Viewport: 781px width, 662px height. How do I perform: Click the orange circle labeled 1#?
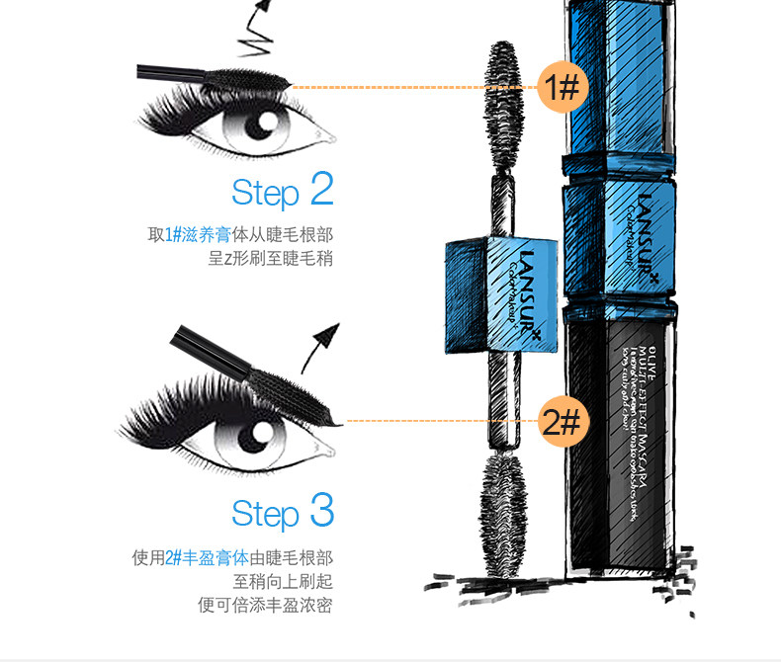562,87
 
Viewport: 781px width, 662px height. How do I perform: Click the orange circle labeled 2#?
562,423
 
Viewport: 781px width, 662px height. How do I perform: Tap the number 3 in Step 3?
321,511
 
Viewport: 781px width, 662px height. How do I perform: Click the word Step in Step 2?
265,193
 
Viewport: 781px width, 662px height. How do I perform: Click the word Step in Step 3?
265,515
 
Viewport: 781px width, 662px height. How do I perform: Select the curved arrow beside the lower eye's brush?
323,346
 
